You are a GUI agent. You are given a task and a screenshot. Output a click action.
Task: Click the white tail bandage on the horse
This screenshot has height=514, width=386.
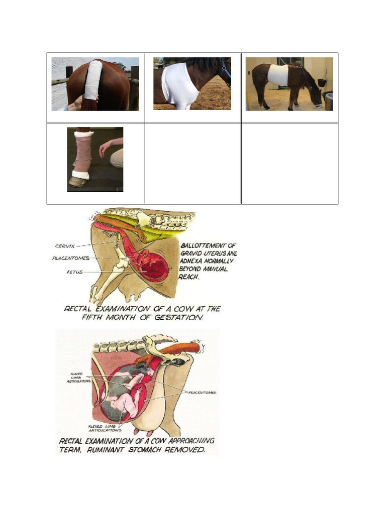coord(93,80)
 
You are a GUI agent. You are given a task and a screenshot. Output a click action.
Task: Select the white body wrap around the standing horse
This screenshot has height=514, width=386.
coord(278,75)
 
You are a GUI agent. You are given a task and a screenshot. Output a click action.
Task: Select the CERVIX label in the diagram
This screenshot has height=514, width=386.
coord(65,246)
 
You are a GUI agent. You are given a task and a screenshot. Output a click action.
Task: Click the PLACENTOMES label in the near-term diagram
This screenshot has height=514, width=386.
coord(203,393)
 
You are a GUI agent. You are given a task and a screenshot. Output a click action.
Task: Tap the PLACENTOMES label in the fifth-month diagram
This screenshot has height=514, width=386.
coord(70,259)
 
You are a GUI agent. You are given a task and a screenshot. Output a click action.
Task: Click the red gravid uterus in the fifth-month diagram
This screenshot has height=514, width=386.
coord(153,265)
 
